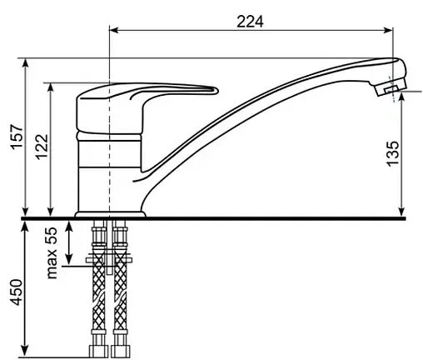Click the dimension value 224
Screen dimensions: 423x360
click(250, 22)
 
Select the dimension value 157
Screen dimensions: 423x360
click(17, 137)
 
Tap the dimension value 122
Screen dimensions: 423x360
click(42, 147)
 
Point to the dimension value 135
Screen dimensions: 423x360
click(392, 154)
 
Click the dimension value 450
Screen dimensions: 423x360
click(17, 292)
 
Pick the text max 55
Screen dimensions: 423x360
click(52, 252)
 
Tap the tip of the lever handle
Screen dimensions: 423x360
click(216, 91)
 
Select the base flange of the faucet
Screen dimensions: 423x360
click(110, 214)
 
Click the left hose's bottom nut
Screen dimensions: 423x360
click(98, 352)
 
